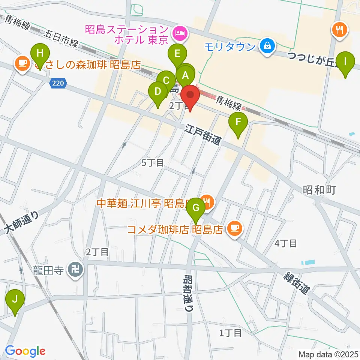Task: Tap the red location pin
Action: pyautogui.click(x=190, y=96)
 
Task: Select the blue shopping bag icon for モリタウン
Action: pyautogui.click(x=267, y=46)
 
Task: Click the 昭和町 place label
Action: pyautogui.click(x=319, y=190)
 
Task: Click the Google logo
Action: pyautogui.click(x=25, y=351)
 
